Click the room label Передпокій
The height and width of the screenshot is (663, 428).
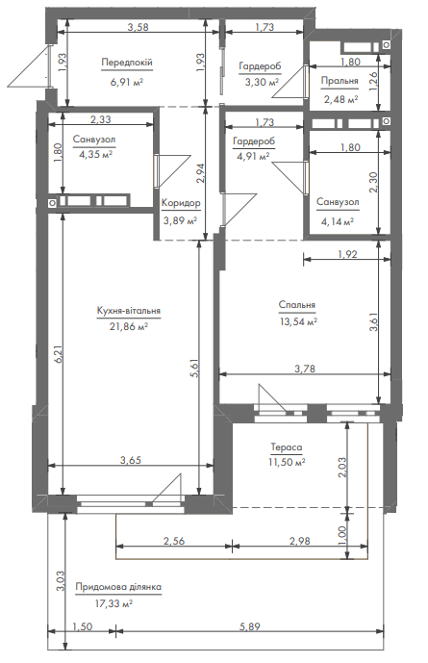click(x=127, y=63)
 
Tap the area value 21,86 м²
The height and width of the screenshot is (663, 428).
click(x=129, y=327)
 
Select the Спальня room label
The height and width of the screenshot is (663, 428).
click(x=297, y=305)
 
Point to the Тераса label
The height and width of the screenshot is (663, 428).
click(x=287, y=446)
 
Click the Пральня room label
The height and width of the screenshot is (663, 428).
click(x=340, y=81)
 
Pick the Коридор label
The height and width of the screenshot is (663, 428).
click(x=181, y=203)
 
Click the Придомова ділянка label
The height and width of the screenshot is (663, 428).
click(x=118, y=587)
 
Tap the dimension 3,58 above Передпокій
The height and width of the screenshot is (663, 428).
click(x=138, y=28)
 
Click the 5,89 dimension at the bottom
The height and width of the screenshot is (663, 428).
click(x=250, y=626)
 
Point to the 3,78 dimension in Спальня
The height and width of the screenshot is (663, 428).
click(x=305, y=369)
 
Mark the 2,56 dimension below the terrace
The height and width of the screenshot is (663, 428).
click(x=174, y=541)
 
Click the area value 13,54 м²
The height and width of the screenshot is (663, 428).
click(x=299, y=321)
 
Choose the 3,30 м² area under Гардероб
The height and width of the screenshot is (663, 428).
click(x=262, y=82)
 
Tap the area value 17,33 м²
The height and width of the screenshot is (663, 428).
click(x=114, y=603)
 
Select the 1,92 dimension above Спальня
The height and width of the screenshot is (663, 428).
click(x=347, y=254)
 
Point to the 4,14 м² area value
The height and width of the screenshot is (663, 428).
click(x=338, y=220)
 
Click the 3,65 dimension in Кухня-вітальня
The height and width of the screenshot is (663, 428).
click(x=131, y=460)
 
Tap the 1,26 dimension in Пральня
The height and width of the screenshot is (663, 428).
click(x=373, y=80)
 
